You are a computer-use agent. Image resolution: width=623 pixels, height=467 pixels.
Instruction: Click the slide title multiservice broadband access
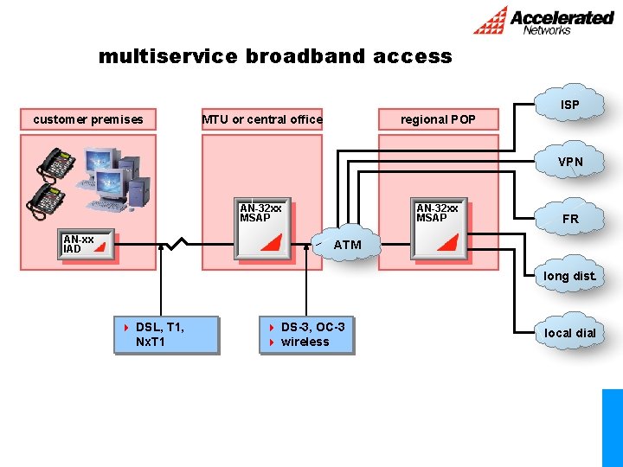(x=275, y=57)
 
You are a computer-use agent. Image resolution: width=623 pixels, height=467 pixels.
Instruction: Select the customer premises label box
(x=88, y=119)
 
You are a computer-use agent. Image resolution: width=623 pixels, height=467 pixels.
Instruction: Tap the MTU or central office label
(x=262, y=119)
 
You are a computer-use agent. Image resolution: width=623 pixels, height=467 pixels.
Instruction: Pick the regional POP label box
(x=438, y=119)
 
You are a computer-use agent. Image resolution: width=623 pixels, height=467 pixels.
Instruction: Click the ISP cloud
(x=570, y=105)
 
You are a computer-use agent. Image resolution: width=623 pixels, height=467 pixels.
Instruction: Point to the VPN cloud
(x=570, y=162)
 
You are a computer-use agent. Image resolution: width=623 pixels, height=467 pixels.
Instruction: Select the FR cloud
(x=570, y=219)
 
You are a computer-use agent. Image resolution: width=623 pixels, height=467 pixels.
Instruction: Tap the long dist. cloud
(x=570, y=276)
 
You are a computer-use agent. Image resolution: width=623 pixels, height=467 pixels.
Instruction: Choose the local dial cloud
(x=570, y=333)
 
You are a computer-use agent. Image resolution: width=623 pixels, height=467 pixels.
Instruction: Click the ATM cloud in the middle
(x=347, y=245)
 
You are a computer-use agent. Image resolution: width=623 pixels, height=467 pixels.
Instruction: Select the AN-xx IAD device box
(x=88, y=246)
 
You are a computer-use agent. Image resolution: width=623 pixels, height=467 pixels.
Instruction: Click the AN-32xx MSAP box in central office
(x=265, y=231)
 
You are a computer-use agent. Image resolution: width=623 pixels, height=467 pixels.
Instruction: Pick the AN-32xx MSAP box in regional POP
(x=441, y=231)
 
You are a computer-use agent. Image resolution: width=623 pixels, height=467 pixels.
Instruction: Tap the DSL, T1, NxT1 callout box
(x=165, y=335)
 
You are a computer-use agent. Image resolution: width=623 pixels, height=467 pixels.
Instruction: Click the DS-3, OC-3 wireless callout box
(x=306, y=335)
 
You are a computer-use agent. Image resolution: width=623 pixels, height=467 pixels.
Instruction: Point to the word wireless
(x=305, y=342)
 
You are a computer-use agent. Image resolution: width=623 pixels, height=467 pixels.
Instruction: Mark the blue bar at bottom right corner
(x=612, y=427)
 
